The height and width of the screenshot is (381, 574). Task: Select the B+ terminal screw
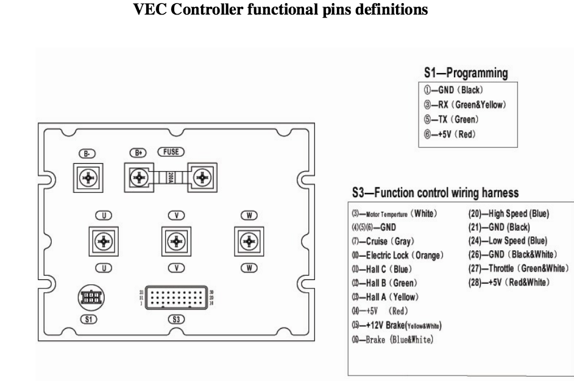[140, 178]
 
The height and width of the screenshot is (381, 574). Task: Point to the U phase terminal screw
[104, 242]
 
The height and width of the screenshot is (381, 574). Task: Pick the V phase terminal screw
[175, 242]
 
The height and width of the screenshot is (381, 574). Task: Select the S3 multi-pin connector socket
[175, 299]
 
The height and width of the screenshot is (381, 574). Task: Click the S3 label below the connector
[175, 320]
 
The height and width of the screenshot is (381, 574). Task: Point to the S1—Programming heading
[466, 74]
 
